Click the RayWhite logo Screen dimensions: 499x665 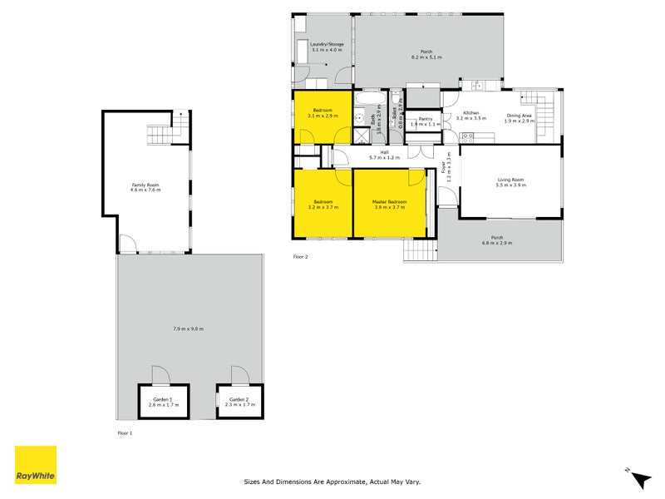(x=36, y=465)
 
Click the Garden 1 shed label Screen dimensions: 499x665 (x=163, y=400)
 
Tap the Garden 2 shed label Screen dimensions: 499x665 (x=239, y=400)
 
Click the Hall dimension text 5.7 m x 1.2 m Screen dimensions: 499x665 (x=384, y=157)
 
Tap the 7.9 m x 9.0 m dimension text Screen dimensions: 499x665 (x=189, y=329)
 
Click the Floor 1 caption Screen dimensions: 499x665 (x=125, y=433)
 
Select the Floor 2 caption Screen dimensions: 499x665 (x=300, y=257)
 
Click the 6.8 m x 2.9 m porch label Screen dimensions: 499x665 (x=496, y=242)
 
